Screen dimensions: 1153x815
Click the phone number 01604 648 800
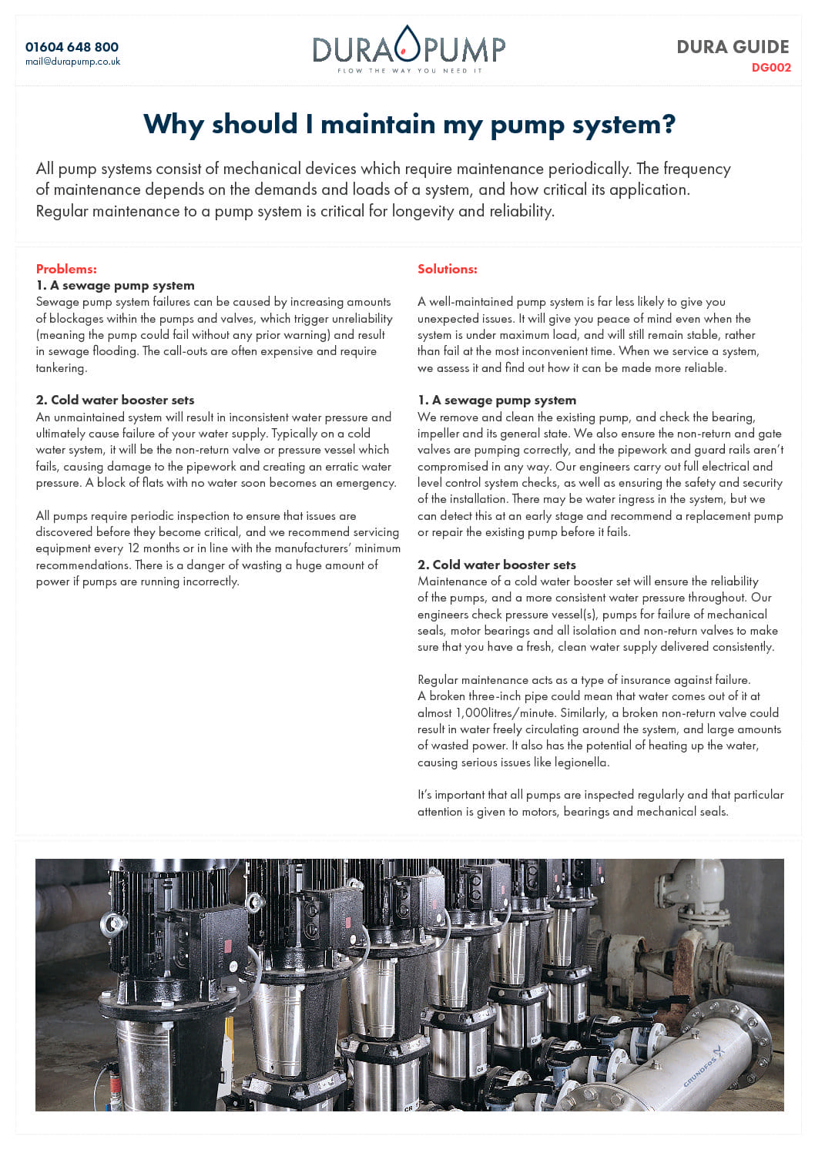coord(72,47)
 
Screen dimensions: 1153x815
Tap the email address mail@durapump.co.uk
coord(72,62)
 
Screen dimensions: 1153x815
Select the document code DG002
coord(771,68)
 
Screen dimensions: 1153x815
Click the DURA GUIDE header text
coord(733,47)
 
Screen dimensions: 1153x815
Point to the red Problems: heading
coord(66,269)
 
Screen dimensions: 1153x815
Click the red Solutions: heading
coord(447,269)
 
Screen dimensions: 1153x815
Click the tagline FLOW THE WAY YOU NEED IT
coord(409,71)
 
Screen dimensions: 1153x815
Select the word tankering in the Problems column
coord(60,368)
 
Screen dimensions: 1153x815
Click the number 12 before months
coord(133,548)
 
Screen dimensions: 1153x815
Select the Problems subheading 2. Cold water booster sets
coord(115,400)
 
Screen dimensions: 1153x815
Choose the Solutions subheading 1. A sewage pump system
coord(496,400)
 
